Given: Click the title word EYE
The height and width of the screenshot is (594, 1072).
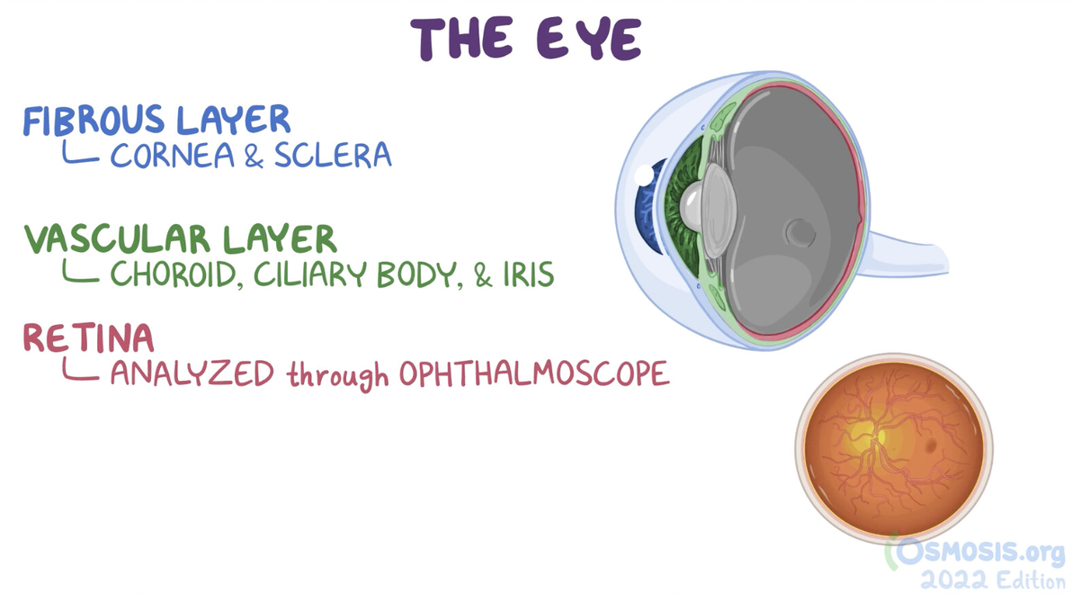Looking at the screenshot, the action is point(589,39).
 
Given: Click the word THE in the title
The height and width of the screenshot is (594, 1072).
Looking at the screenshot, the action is point(461,39).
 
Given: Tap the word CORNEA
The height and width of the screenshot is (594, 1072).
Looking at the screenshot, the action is point(173,156).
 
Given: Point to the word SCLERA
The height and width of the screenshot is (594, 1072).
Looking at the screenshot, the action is point(333,156).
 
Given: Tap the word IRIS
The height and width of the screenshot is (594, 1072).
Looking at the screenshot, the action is point(529,274).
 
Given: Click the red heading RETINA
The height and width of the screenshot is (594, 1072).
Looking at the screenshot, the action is point(89,337).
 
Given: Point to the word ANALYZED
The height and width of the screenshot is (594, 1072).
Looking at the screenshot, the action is point(192,373).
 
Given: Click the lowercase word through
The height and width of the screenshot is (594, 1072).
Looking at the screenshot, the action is point(338,375).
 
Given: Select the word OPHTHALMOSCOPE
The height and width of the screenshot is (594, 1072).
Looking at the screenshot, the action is point(534,373).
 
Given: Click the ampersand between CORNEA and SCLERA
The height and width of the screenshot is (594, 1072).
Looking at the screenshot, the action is point(254,157).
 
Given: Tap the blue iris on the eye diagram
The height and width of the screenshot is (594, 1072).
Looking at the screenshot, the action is point(648,206).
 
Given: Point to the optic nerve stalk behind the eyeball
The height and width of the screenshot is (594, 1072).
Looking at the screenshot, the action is point(905,254).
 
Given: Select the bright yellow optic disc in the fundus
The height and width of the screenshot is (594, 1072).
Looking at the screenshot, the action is point(880,436).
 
